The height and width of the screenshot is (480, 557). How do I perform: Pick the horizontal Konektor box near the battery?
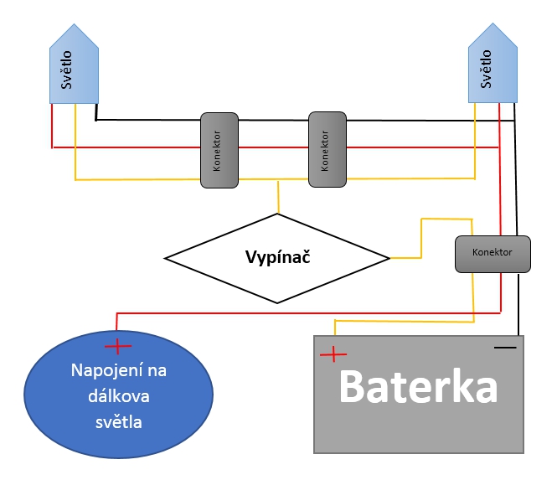493,253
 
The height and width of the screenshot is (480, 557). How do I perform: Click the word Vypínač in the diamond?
278,257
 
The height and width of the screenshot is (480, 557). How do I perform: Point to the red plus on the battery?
333,354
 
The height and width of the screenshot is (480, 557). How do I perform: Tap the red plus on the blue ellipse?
118,344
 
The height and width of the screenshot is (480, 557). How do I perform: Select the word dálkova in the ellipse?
117,397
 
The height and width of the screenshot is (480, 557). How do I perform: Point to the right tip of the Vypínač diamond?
389,258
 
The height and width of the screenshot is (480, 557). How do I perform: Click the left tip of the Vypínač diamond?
165,258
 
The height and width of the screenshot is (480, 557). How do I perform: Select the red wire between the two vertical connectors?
274,148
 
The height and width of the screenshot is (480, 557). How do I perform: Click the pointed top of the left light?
75,27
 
